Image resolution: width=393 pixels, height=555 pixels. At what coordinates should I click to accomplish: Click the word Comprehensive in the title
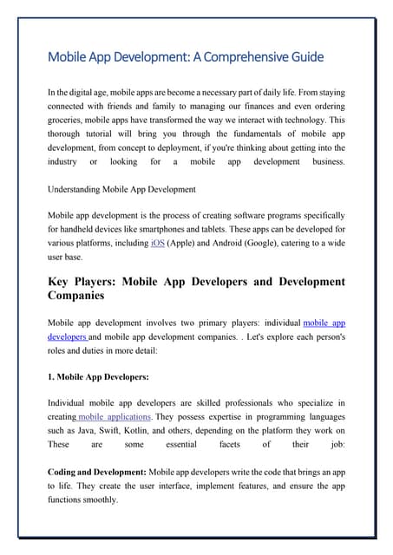coord(251,57)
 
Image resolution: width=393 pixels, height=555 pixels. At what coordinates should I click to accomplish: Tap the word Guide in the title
coord(306,57)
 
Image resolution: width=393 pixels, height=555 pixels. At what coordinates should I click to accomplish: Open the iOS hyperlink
coord(158,244)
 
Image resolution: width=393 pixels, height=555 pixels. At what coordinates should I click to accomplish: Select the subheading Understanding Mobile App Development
coord(121,188)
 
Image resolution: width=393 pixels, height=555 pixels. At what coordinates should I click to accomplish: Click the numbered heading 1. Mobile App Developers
coord(99,377)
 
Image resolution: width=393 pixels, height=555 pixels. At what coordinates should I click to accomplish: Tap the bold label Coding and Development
coord(96,472)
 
